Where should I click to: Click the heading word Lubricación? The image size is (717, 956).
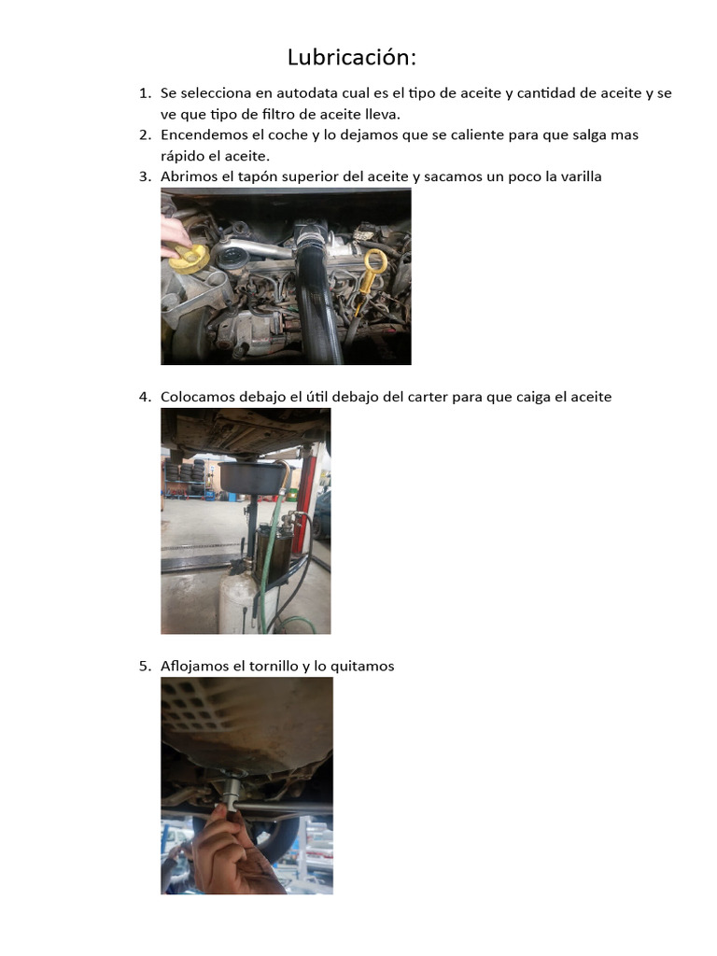coord(351,58)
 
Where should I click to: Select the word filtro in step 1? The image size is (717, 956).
coord(264,114)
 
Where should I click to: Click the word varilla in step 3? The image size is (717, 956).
coord(576,176)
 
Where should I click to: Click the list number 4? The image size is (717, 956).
coord(145,397)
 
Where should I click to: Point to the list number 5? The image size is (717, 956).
coord(145,666)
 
